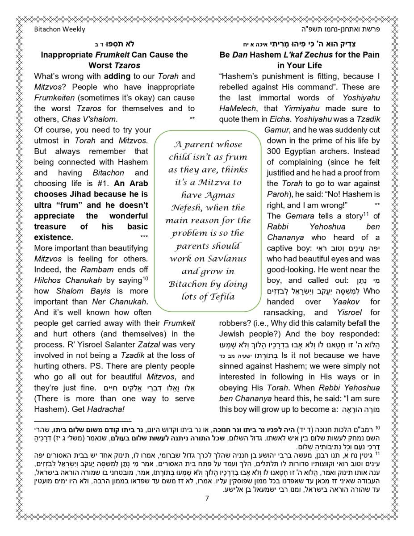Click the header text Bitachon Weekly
(59, 29)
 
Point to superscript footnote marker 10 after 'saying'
(145, 278)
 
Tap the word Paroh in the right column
(277, 194)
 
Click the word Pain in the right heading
(369, 55)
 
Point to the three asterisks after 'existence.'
(144, 237)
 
